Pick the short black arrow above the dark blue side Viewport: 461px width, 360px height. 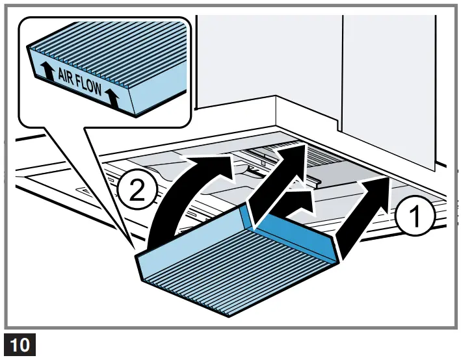pyautogui.click(x=296, y=203)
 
